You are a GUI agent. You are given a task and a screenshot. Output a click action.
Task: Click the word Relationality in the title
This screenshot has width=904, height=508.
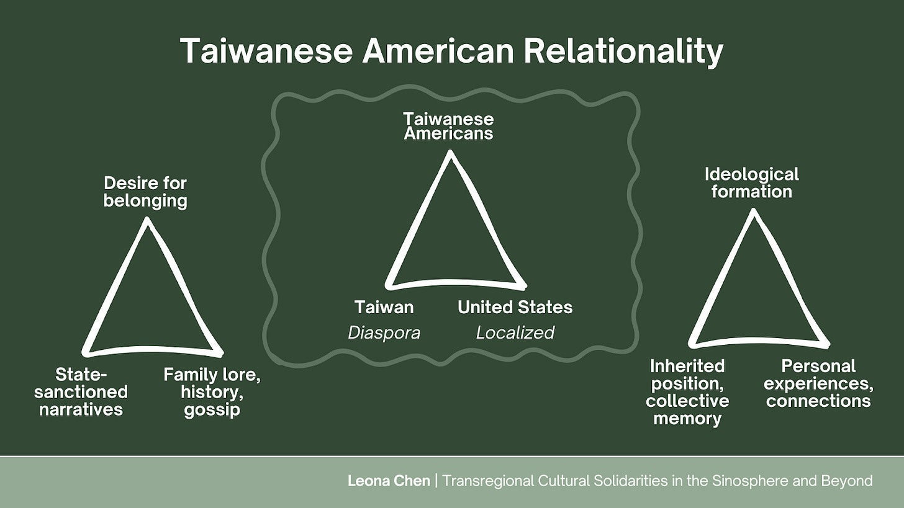click(x=623, y=51)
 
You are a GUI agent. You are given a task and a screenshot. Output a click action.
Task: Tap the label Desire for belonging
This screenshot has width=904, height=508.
click(x=145, y=192)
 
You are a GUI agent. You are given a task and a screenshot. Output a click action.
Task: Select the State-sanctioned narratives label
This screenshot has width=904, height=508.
click(x=81, y=392)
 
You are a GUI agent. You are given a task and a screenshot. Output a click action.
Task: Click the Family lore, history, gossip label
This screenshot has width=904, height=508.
click(x=212, y=392)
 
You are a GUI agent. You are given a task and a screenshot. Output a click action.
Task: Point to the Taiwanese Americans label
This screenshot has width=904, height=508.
click(x=448, y=126)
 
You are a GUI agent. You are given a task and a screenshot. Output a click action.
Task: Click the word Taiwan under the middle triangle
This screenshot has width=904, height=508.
click(x=384, y=307)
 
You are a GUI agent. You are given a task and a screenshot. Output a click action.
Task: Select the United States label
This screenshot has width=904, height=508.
click(x=515, y=307)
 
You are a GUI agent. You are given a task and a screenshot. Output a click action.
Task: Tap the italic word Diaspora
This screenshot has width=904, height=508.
click(x=384, y=333)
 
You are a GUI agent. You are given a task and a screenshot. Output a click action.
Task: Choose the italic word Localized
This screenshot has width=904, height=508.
click(x=515, y=333)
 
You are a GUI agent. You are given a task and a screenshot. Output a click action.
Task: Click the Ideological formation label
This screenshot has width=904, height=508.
click(x=751, y=182)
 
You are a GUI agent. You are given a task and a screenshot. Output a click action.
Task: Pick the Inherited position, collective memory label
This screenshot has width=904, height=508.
click(x=687, y=392)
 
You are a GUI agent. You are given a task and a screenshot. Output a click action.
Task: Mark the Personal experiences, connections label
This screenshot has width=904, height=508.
click(x=818, y=383)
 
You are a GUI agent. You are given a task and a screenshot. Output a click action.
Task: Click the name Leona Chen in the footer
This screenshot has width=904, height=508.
click(x=389, y=481)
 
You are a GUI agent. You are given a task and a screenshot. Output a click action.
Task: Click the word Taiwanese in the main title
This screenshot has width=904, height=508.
click(x=266, y=51)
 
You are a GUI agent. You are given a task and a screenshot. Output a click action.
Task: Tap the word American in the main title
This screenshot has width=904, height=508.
click(x=438, y=51)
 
